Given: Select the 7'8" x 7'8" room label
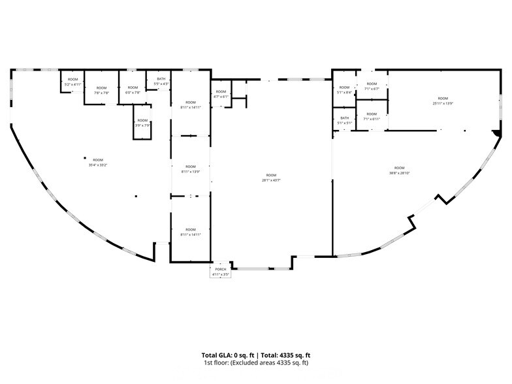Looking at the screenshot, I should pyautogui.click(x=101, y=91).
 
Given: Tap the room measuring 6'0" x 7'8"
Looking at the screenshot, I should pyautogui.click(x=133, y=90).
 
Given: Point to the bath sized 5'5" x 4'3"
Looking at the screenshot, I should pyautogui.click(x=161, y=82).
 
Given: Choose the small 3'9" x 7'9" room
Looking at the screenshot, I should pyautogui.click(x=142, y=123).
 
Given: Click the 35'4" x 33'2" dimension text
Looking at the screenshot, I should pyautogui.click(x=98, y=163).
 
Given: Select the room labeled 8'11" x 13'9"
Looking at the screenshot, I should pyautogui.click(x=190, y=168).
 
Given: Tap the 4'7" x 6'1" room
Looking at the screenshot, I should pyautogui.click(x=221, y=94).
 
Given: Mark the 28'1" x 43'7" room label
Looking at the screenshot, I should pyautogui.click(x=270, y=178).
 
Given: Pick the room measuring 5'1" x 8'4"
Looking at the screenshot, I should pyautogui.click(x=344, y=90).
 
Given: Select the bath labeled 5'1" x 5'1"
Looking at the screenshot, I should pyautogui.click(x=344, y=121).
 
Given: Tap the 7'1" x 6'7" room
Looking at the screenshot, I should pyautogui.click(x=372, y=86).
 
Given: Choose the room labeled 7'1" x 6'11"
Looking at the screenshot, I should pyautogui.click(x=372, y=116).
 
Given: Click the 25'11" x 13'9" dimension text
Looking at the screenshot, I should pyautogui.click(x=443, y=101).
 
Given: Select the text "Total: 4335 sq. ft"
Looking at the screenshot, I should pyautogui.click(x=282, y=355).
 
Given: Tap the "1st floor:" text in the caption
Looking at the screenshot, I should pyautogui.click(x=217, y=362).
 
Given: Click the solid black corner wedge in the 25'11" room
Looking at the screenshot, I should pyautogui.click(x=497, y=133).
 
